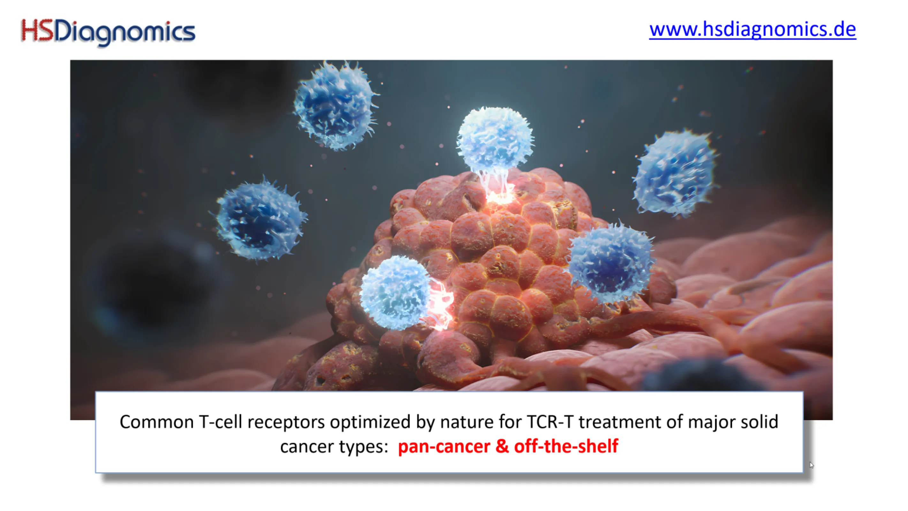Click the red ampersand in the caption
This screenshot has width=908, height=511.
click(x=502, y=446)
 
